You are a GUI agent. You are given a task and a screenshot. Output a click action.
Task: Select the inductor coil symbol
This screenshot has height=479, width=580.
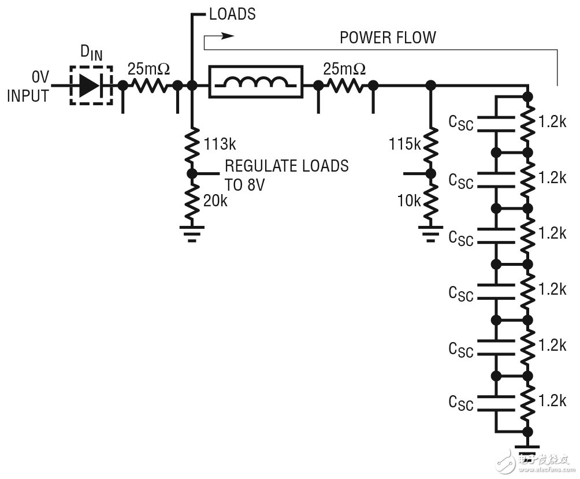[255, 84]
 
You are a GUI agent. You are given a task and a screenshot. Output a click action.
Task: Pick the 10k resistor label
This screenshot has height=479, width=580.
[409, 200]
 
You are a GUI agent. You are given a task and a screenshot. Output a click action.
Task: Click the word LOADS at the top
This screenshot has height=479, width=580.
[232, 14]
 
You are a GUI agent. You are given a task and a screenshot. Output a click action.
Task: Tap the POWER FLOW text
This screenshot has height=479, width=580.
[388, 38]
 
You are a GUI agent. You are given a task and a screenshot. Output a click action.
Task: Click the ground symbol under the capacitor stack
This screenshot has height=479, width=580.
[526, 451]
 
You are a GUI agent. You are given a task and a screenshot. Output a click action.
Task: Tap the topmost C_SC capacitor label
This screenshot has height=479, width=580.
[461, 124]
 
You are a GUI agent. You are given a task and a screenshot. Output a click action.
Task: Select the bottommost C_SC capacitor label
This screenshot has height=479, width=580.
[461, 403]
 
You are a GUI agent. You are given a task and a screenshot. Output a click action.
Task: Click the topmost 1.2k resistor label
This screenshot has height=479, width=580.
[552, 122]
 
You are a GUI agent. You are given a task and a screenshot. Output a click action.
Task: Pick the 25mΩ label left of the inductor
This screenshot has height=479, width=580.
[148, 69]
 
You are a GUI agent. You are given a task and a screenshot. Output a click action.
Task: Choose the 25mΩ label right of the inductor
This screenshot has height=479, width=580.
[344, 69]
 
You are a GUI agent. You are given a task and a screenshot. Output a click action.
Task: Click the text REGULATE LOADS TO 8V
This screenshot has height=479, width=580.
[286, 174]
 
